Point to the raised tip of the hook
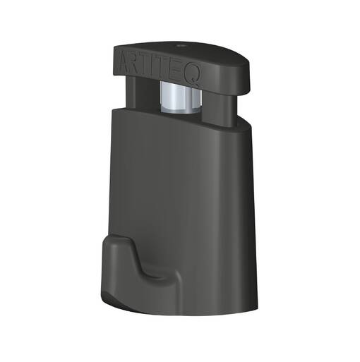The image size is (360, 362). [120, 243]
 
